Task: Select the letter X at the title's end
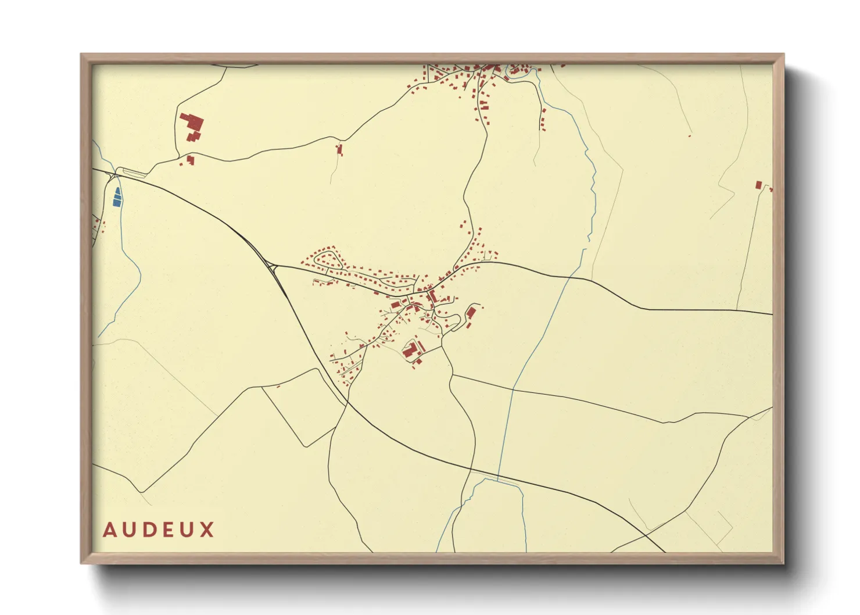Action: click(207, 530)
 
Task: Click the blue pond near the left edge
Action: click(117, 198)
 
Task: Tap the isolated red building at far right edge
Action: click(758, 185)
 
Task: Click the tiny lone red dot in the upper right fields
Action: click(690, 135)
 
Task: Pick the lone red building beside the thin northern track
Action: click(340, 150)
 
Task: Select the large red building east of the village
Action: click(471, 313)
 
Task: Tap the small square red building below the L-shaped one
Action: click(418, 362)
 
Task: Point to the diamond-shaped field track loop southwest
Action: click(298, 407)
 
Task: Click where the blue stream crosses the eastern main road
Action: click(567, 277)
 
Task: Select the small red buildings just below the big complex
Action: click(189, 159)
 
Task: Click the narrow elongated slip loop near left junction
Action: click(134, 171)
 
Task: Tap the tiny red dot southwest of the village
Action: click(278, 386)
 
